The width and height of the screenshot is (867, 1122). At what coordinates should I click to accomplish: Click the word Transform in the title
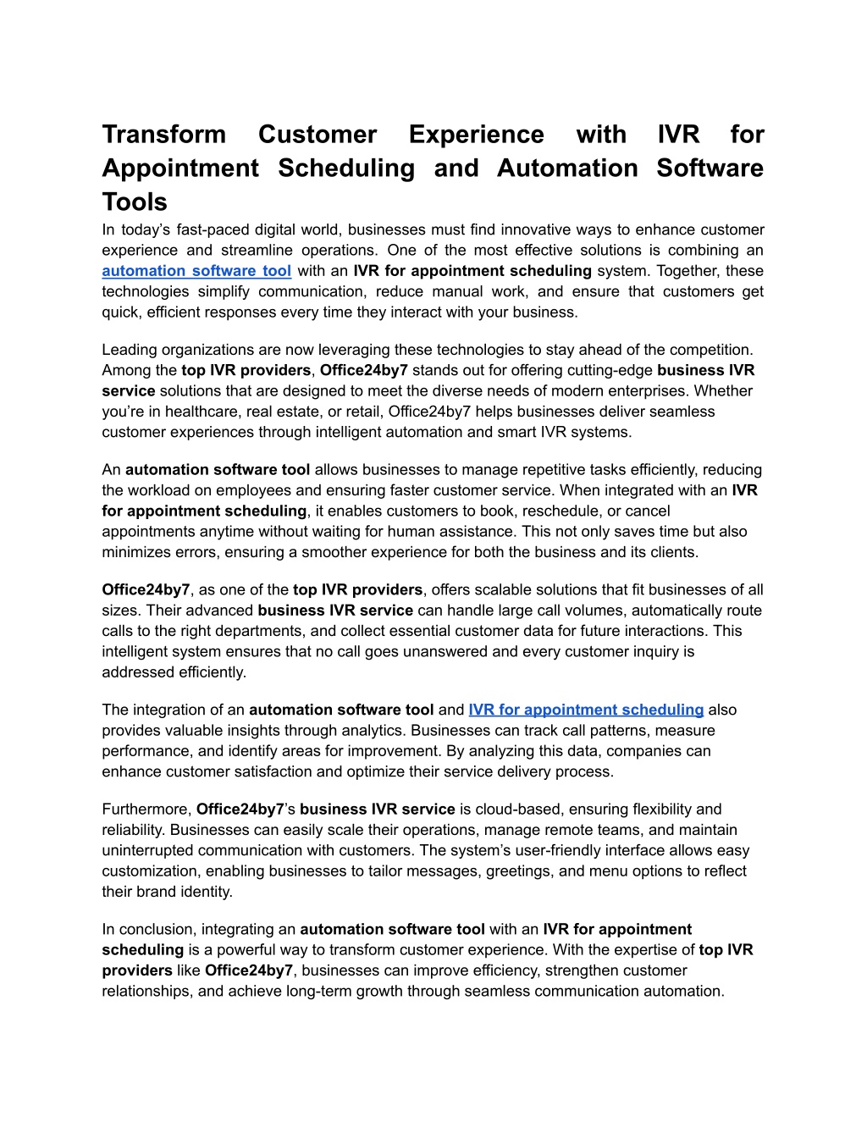click(x=164, y=135)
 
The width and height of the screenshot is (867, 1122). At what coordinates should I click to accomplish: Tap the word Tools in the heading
click(x=135, y=202)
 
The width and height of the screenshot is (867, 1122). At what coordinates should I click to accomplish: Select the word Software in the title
click(x=710, y=169)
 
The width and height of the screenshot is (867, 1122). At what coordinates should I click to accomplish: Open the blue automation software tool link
click(x=196, y=271)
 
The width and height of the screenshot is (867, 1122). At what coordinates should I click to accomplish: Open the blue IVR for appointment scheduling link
click(x=586, y=710)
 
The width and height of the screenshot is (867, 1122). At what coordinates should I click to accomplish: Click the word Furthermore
click(x=146, y=809)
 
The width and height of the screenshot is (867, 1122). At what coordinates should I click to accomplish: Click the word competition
click(x=710, y=350)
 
